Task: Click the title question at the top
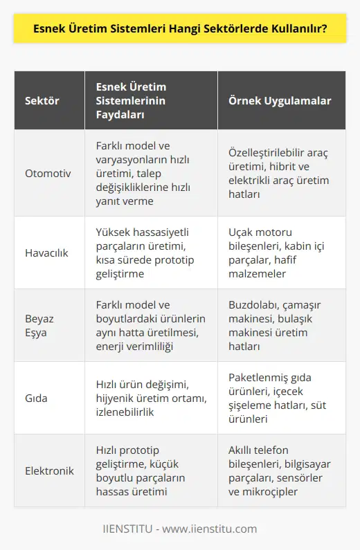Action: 179,30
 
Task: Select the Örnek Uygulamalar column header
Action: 280,100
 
